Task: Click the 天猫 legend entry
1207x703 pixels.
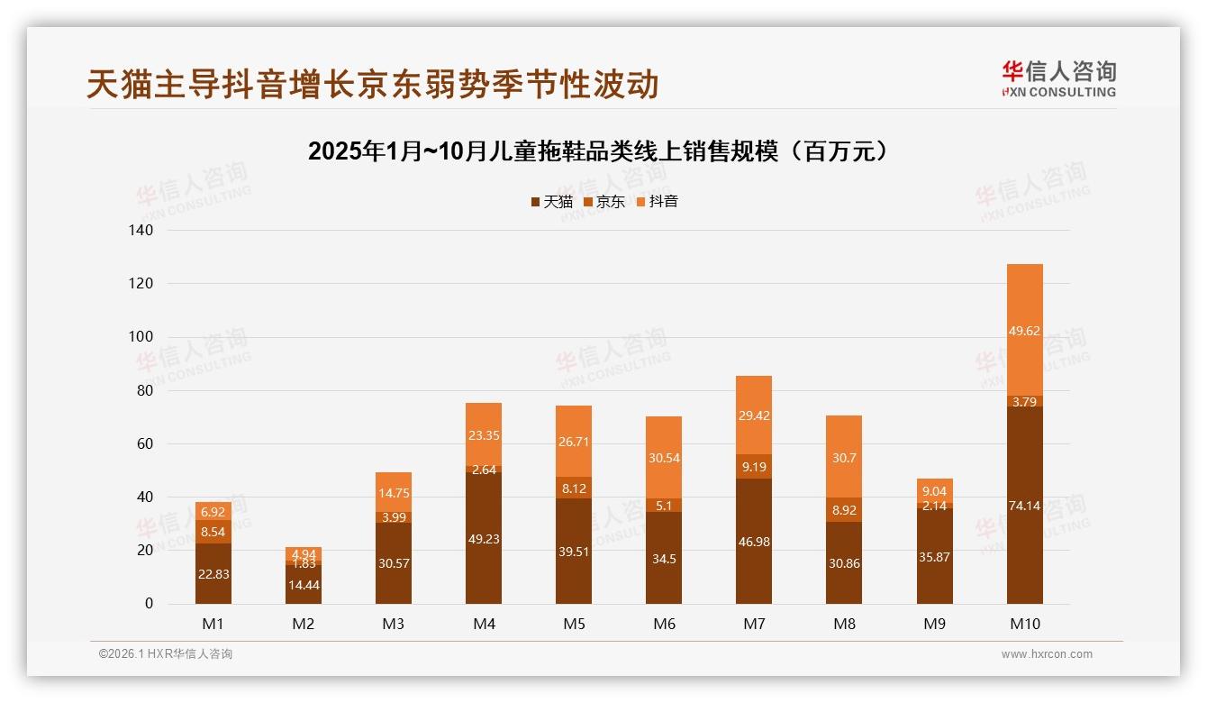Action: click(x=552, y=202)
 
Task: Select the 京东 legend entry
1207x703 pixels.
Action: click(x=604, y=202)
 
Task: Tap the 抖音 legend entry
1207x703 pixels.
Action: click(x=657, y=202)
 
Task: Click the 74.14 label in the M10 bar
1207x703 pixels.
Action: click(x=1025, y=506)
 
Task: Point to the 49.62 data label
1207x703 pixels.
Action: click(x=1025, y=331)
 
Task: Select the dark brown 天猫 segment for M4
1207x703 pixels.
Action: click(x=484, y=539)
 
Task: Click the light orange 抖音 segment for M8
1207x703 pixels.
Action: click(x=845, y=457)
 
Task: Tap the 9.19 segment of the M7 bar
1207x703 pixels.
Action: click(x=754, y=467)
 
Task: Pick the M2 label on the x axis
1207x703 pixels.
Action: click(x=304, y=624)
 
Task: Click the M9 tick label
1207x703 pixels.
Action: click(x=935, y=624)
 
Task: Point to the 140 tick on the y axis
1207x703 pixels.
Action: click(x=141, y=231)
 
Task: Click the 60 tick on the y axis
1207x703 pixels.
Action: click(x=145, y=443)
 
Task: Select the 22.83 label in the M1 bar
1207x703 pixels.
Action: click(x=213, y=575)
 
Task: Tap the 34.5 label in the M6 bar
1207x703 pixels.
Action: click(x=664, y=559)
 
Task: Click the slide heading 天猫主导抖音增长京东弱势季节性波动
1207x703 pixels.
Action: click(x=373, y=84)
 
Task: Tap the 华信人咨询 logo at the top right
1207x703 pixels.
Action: click(x=1058, y=78)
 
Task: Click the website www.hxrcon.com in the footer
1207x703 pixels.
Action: click(x=1047, y=654)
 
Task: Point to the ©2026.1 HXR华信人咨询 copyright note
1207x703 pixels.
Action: click(x=166, y=654)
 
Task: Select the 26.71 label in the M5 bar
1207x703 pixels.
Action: click(x=574, y=442)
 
